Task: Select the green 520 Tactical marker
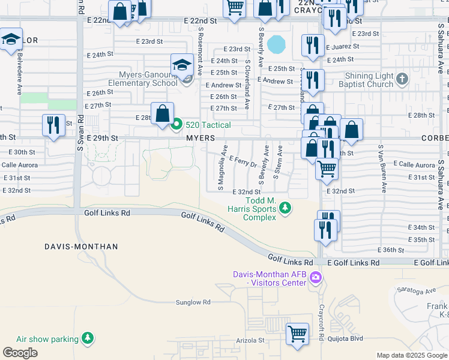176,125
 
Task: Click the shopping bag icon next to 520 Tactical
163,113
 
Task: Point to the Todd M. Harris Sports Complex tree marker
286,208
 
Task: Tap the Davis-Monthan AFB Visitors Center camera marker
316,278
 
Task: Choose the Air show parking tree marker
88,339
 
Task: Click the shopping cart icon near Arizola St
298,334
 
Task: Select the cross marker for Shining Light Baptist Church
402,79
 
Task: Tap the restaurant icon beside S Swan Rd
53,125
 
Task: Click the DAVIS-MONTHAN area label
81,247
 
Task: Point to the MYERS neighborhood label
200,138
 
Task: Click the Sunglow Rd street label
193,302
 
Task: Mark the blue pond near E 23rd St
277,44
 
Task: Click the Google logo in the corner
20,353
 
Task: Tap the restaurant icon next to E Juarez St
312,46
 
